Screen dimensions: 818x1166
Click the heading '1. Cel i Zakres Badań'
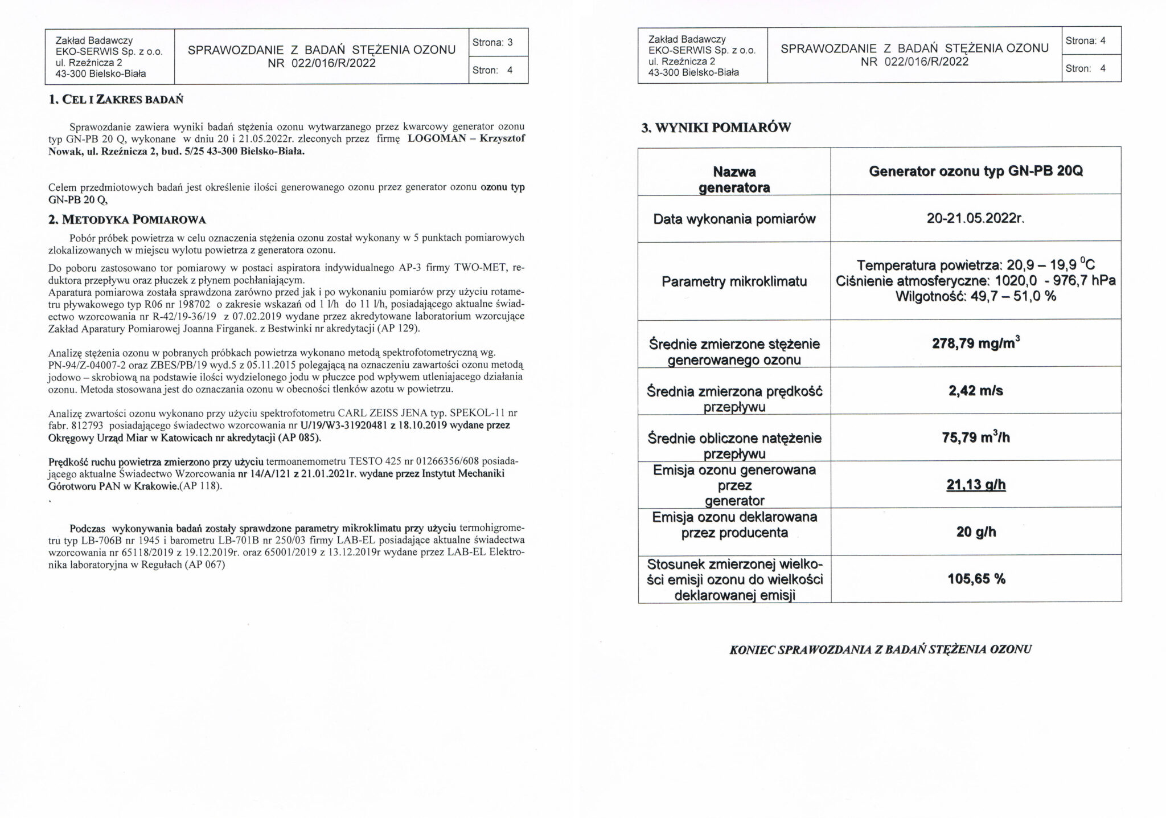pyautogui.click(x=116, y=100)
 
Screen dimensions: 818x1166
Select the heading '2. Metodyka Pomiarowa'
pyautogui.click(x=127, y=219)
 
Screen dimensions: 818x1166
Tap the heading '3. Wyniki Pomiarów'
pyautogui.click(x=716, y=128)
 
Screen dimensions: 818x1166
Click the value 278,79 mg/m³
pyautogui.click(x=975, y=343)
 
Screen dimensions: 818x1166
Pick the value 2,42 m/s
pyautogui.click(x=975, y=391)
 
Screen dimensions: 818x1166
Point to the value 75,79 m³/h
pyautogui.click(x=975, y=437)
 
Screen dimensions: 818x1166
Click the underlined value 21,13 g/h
pyautogui.click(x=975, y=485)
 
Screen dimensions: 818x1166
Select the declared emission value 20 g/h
pyautogui.click(x=976, y=532)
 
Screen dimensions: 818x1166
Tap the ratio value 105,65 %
pyautogui.click(x=976, y=579)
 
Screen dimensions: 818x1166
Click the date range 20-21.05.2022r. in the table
pyautogui.click(x=975, y=219)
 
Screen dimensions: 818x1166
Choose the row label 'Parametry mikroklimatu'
pyautogui.click(x=734, y=281)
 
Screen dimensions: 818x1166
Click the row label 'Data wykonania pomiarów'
pyautogui.click(x=734, y=219)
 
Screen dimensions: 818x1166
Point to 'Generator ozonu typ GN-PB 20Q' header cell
pyautogui.click(x=975, y=171)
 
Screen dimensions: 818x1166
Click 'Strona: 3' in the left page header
pyautogui.click(x=492, y=42)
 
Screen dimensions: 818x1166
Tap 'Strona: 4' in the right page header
pyautogui.click(x=1085, y=41)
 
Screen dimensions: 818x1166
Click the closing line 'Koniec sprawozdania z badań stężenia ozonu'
pyautogui.click(x=880, y=649)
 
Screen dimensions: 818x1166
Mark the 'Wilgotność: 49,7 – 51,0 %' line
pyautogui.click(x=975, y=296)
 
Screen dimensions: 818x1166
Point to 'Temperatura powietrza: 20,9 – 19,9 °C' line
pyautogui.click(x=975, y=265)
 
